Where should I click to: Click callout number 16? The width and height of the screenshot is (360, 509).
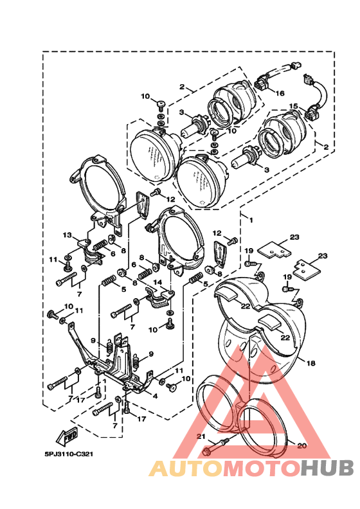[x=280, y=93]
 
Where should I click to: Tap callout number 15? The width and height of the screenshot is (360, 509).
[x=293, y=106]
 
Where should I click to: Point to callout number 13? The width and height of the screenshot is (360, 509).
[x=67, y=235]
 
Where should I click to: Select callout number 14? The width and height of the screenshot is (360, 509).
[x=157, y=283]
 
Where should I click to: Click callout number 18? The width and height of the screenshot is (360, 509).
[x=310, y=363]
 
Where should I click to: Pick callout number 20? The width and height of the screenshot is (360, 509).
[x=301, y=446]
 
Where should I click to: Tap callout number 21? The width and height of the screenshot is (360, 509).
[x=201, y=436]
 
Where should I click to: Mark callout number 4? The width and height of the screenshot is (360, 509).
[x=155, y=396]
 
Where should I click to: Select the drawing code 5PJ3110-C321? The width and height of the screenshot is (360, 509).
[x=69, y=454]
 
